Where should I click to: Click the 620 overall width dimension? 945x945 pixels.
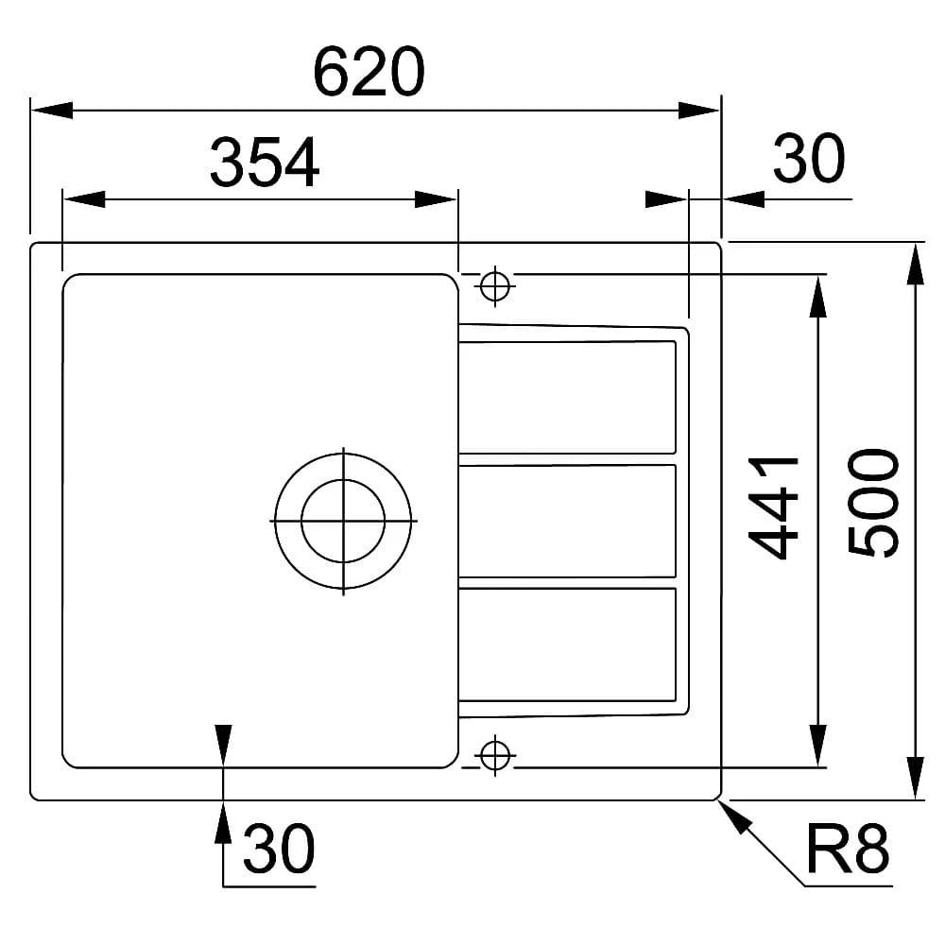(369, 72)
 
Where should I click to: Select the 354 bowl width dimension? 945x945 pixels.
(265, 163)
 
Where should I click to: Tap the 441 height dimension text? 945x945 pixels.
(774, 508)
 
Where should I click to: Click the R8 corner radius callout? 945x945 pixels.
(848, 849)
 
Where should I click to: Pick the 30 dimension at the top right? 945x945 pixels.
(809, 158)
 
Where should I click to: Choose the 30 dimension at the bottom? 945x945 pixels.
(279, 849)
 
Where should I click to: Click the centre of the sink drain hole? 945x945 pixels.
(343, 521)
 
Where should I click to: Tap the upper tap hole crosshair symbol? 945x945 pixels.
(495, 286)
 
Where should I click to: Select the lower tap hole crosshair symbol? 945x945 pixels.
(495, 755)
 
